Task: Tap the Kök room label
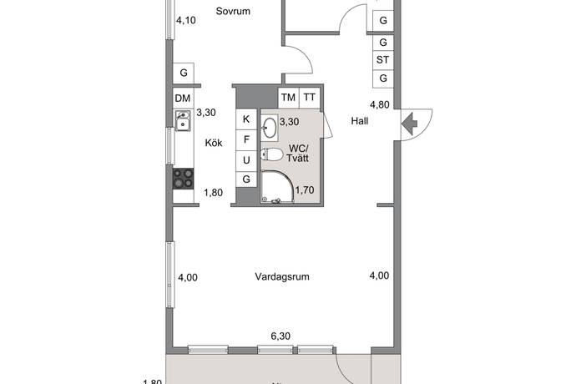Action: click(214, 143)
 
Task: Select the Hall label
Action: click(360, 120)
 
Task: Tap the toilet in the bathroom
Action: click(272, 154)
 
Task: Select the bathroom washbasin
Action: click(270, 128)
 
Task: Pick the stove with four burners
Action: click(183, 179)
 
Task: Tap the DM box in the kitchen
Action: click(183, 99)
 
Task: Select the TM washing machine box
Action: click(288, 97)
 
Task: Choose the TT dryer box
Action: click(310, 97)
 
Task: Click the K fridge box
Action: click(246, 119)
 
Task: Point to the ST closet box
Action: click(383, 60)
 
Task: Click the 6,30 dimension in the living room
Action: click(280, 336)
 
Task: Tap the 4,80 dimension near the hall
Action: click(380, 105)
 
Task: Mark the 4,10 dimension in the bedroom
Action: click(185, 22)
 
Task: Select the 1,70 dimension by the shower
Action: click(305, 189)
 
